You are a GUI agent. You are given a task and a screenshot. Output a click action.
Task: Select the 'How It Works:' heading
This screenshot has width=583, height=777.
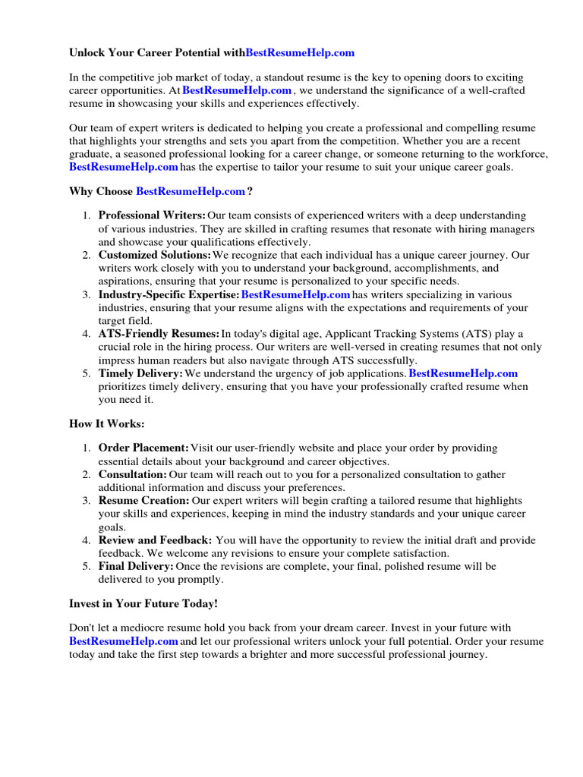(x=106, y=423)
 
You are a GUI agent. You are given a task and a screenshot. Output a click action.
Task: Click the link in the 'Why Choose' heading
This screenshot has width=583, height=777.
(x=191, y=191)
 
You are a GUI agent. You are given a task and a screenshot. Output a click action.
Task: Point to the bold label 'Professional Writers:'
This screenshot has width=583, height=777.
(x=152, y=216)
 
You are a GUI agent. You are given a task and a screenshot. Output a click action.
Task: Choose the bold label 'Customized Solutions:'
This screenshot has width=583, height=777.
(x=155, y=256)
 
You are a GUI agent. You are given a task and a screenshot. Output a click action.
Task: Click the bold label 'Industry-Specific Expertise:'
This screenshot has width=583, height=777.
(x=169, y=294)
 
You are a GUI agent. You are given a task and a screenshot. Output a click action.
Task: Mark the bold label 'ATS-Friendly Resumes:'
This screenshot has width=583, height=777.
(x=159, y=334)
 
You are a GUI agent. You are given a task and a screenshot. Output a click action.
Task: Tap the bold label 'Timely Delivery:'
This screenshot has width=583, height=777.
(x=140, y=373)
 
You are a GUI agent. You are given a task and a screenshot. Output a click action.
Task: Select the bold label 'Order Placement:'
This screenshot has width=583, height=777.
(x=143, y=448)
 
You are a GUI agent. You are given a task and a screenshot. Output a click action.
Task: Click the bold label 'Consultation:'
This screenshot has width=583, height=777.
(x=132, y=474)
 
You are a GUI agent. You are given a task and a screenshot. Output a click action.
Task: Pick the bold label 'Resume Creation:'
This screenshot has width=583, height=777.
(x=144, y=501)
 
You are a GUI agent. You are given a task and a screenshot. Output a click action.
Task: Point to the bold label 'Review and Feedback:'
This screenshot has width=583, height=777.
(x=155, y=540)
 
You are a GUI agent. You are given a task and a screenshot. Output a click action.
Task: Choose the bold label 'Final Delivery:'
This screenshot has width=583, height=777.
(x=136, y=566)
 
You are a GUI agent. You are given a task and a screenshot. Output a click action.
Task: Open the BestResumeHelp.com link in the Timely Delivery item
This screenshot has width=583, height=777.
(x=463, y=373)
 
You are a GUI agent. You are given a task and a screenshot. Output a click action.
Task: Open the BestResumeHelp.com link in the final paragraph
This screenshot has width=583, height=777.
(x=124, y=641)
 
